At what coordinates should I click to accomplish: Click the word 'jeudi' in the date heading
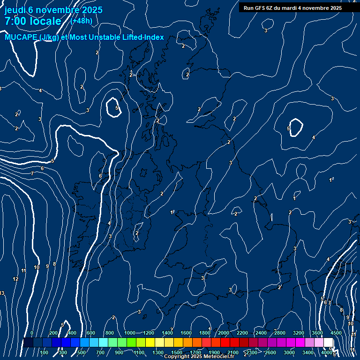point(15,10)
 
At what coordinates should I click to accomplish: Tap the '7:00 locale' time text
point(33,21)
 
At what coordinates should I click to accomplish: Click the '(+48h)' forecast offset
point(81,21)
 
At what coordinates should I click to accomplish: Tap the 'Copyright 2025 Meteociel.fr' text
point(199,357)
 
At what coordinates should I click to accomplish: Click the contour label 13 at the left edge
point(2,293)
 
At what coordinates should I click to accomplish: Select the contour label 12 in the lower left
point(15,279)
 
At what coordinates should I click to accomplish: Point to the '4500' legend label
point(336,333)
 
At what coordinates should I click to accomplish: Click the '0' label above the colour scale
point(32,333)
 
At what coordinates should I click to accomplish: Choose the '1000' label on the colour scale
point(130,333)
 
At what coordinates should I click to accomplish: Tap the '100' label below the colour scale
point(44,352)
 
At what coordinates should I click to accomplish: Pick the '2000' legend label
point(224,333)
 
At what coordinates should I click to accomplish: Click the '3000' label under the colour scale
point(289,352)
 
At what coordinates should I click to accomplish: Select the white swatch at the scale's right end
point(328,343)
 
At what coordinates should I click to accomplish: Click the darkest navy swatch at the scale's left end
point(28,343)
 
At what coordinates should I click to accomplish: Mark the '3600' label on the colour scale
point(317,333)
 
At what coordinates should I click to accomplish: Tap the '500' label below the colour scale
point(82,352)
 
